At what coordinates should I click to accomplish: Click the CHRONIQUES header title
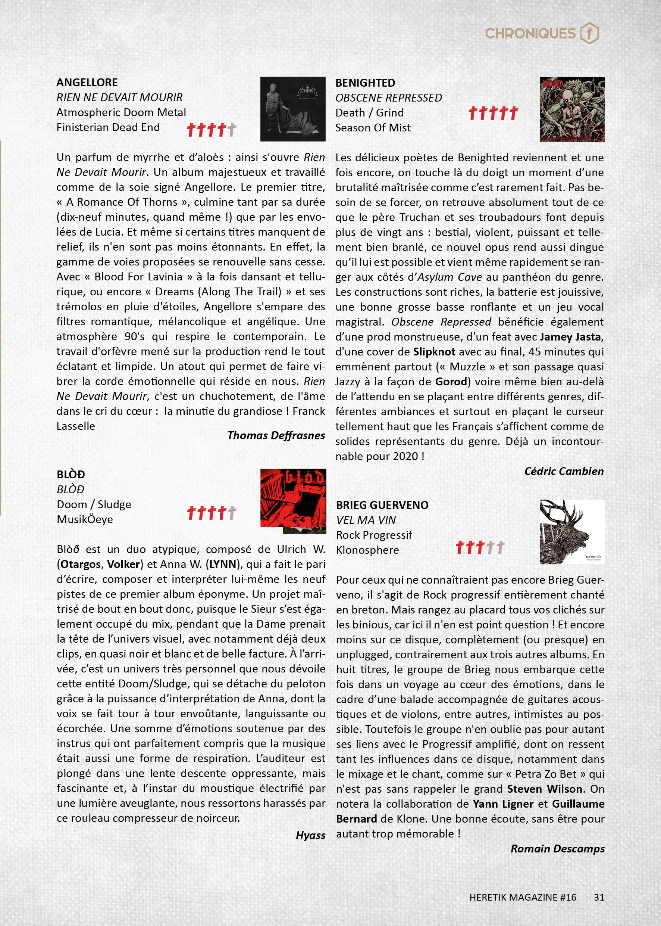[530, 34]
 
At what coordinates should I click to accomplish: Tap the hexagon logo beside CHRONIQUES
[589, 33]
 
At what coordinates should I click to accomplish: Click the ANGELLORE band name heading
[87, 82]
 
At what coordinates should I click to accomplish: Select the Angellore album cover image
[293, 109]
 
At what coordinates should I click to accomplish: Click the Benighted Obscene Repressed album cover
[572, 109]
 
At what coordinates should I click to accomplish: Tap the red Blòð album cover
[293, 501]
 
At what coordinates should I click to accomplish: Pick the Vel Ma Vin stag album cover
[572, 532]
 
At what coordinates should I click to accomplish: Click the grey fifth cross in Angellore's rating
[232, 130]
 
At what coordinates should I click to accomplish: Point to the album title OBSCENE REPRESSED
[388, 98]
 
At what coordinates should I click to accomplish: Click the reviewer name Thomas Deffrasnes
[276, 435]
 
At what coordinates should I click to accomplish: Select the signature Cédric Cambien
[564, 471]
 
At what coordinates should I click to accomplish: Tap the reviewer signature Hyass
[311, 835]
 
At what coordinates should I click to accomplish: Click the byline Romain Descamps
[557, 849]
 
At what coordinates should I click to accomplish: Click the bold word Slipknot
[434, 352]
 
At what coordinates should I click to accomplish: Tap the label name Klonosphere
[367, 550]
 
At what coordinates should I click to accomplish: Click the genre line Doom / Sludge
[94, 504]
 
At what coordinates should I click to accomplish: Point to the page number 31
[599, 897]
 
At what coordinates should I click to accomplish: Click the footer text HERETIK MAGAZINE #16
[523, 897]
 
